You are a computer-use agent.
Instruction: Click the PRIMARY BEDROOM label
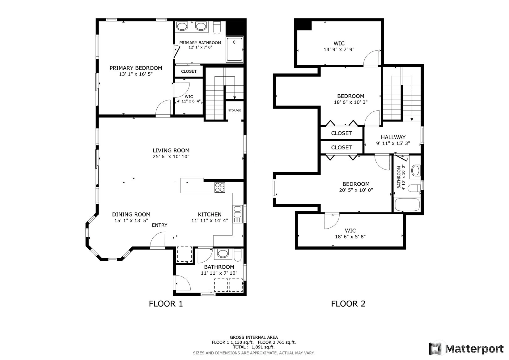[x=136, y=68]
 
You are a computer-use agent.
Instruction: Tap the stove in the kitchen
[x=220, y=188]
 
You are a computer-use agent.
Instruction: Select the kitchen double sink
[x=237, y=212]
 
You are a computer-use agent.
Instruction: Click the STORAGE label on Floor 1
[x=235, y=110]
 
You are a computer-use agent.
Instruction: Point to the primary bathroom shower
[x=235, y=49]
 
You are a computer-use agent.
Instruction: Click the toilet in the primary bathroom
[x=217, y=28]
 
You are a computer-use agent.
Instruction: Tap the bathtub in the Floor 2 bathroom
[x=407, y=205]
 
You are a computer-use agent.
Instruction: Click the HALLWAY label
[x=393, y=137]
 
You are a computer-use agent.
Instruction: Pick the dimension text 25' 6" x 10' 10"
[x=171, y=156]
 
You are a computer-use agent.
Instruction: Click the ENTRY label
[x=159, y=225]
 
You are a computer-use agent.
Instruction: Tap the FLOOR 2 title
[x=348, y=304]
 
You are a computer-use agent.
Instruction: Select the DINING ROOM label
[x=131, y=214]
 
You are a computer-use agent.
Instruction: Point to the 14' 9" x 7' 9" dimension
[x=339, y=49]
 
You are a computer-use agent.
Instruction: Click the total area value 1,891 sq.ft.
[x=263, y=347]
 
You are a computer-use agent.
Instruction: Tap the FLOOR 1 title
[x=166, y=304]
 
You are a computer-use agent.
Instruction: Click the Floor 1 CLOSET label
[x=189, y=71]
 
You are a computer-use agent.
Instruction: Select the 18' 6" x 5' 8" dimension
[x=350, y=237]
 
